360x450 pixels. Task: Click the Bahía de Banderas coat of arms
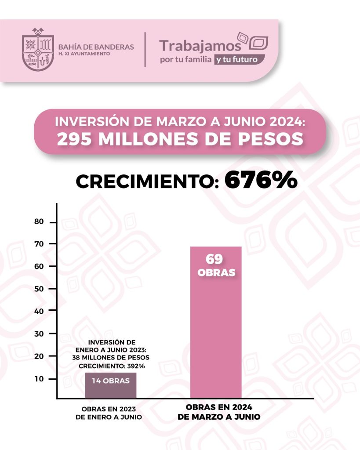37,49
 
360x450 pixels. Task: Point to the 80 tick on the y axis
39,222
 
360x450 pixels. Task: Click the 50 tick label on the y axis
39,289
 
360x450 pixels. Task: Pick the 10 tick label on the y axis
39,378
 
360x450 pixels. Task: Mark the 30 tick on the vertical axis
39,334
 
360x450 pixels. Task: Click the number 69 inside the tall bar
215,259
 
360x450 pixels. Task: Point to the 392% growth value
135,366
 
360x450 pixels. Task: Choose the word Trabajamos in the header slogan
200,46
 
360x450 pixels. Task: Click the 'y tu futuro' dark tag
239,60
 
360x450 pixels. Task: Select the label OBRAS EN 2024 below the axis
216,406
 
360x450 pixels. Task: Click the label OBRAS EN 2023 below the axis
109,407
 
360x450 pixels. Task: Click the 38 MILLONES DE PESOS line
111,358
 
